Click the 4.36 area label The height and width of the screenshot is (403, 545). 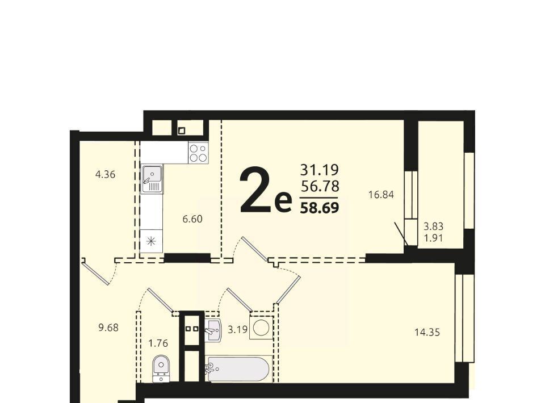click(106, 174)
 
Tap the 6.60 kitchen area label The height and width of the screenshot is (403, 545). click(192, 219)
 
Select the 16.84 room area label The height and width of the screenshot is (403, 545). click(381, 195)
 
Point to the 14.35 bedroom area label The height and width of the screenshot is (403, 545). click(427, 333)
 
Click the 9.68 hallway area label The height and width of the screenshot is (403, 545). click(108, 328)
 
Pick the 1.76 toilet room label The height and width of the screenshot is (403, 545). click(158, 343)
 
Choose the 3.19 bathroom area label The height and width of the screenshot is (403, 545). click(238, 329)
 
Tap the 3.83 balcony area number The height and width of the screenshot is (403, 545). click(433, 226)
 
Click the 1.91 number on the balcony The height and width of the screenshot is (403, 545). click(433, 238)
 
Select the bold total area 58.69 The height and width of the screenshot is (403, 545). click(320, 208)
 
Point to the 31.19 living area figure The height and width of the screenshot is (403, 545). click(320, 170)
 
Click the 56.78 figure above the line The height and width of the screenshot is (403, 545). click(320, 187)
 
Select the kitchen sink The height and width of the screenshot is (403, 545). click(152, 179)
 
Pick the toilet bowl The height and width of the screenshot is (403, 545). click(161, 368)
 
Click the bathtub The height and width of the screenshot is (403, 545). click(238, 368)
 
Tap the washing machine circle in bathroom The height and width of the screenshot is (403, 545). click(261, 328)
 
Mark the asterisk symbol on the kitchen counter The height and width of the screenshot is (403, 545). click(151, 241)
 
